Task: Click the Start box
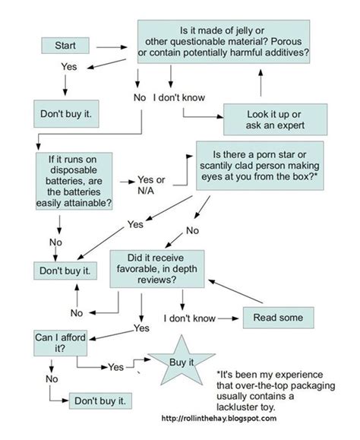pos(65,46)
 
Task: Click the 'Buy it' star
pos(181,362)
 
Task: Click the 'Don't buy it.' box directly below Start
pos(65,114)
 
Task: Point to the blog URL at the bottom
pos(219,418)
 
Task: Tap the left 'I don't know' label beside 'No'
pos(181,97)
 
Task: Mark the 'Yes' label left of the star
pos(115,366)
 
